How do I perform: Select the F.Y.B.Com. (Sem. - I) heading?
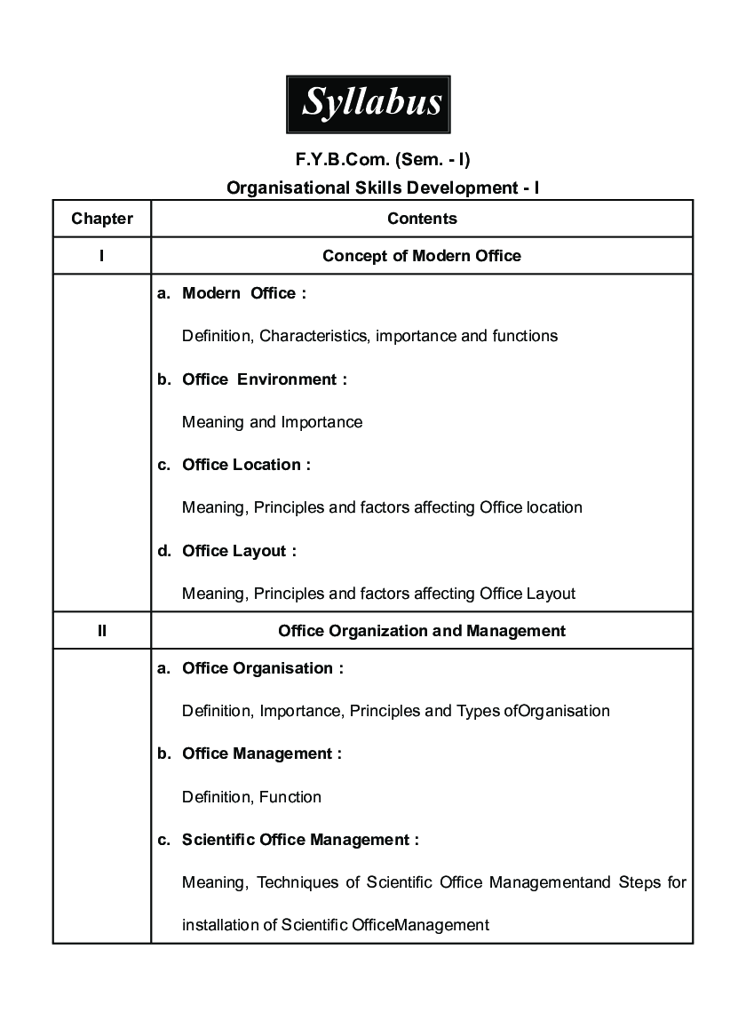pos(383,160)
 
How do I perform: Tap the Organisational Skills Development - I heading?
pos(383,188)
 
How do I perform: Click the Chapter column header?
pos(102,219)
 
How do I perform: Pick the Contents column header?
pos(422,219)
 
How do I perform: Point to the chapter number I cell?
pos(102,256)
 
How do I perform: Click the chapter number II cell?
pos(102,631)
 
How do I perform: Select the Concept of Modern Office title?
pos(422,256)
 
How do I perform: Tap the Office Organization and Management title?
pos(422,631)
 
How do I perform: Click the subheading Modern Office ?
pos(243,293)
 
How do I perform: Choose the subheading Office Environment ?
pos(264,379)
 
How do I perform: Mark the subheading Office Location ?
pos(246,465)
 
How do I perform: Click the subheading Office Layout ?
pos(239,551)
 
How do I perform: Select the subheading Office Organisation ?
pos(262,668)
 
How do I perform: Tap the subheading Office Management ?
pos(261,754)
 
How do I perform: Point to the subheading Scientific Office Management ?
pos(300,840)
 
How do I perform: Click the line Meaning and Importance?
pos(272,422)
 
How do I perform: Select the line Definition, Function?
pos(251,797)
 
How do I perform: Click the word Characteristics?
pos(313,336)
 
